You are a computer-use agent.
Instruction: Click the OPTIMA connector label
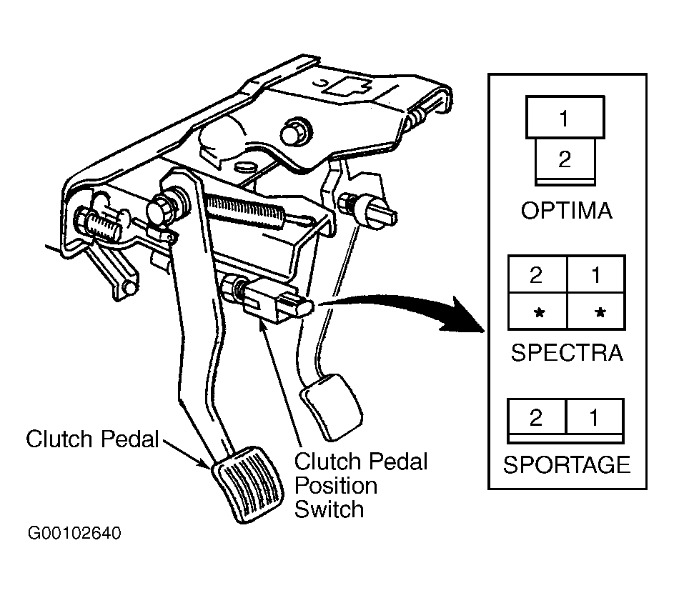pyautogui.click(x=566, y=211)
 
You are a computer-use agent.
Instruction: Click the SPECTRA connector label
pyautogui.click(x=567, y=353)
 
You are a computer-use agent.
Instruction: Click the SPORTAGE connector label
pyautogui.click(x=567, y=464)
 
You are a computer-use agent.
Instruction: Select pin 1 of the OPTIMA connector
pyautogui.click(x=565, y=118)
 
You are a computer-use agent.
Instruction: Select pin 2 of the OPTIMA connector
pyautogui.click(x=565, y=160)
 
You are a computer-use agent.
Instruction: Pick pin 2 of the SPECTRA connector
pyautogui.click(x=537, y=274)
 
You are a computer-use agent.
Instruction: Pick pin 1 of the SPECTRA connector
pyautogui.click(x=596, y=274)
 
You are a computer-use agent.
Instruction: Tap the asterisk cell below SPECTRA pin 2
pyautogui.click(x=537, y=312)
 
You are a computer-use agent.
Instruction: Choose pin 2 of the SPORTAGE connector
pyautogui.click(x=537, y=417)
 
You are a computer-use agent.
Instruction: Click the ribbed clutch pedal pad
pyautogui.click(x=248, y=484)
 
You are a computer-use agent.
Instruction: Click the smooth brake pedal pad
pyautogui.click(x=332, y=407)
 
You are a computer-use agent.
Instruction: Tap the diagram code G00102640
pyautogui.click(x=74, y=533)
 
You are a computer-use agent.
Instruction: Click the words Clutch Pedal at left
pyautogui.click(x=92, y=439)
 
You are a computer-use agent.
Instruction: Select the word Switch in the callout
pyautogui.click(x=329, y=509)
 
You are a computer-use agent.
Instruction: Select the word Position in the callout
pyautogui.click(x=336, y=486)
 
